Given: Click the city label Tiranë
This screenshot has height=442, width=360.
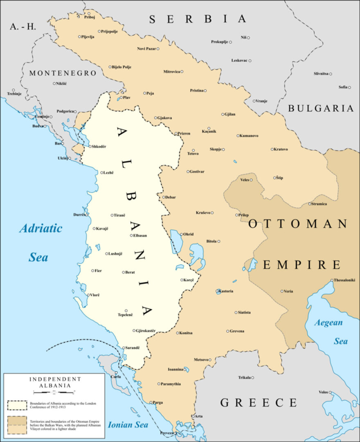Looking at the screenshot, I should point(119,215).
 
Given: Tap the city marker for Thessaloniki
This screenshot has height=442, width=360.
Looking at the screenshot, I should point(332,280).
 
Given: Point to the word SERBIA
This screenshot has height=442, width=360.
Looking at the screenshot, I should point(198,19).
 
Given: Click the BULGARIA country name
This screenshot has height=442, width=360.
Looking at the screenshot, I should point(321,108).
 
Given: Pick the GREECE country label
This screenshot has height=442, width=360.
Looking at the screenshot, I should point(259,402).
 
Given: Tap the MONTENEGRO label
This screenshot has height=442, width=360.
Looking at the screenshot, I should point(63,73).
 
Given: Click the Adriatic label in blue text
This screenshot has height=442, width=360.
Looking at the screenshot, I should point(41,228).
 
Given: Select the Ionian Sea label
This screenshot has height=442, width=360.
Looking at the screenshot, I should point(128,425).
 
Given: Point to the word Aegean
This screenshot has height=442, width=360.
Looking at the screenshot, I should point(328,322).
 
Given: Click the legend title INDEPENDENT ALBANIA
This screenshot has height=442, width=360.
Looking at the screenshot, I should point(49,382).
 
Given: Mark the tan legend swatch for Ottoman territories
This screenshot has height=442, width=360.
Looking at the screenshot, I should point(18,424).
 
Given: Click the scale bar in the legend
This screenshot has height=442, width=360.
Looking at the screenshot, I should point(49,392).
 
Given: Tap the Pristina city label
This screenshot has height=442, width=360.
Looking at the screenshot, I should point(196,90).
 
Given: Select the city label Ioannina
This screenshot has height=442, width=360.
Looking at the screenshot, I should point(175,369).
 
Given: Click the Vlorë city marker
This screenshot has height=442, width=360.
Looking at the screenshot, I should point(88,295).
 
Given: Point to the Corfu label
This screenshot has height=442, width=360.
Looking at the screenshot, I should point(116,377).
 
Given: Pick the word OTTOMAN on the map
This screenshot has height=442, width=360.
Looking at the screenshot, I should point(298,224).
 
